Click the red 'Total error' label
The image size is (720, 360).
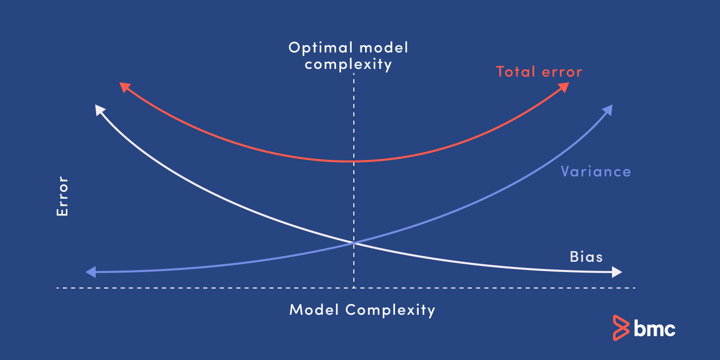pos(539,71)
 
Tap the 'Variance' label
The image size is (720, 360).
pos(596,171)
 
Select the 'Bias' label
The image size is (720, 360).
pos(586,257)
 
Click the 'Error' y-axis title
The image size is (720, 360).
pos(62,196)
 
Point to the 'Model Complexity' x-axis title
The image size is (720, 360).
pos(362,310)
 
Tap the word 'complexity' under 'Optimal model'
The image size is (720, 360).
pos(349,64)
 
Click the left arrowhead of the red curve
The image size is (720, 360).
pos(124,87)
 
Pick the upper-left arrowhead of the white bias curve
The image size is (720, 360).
pos(99,110)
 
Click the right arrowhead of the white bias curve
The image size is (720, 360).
pos(617,272)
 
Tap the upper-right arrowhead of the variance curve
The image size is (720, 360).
pos(608,110)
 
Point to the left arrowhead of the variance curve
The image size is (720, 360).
pos(91,272)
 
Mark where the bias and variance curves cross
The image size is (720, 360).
pos(354,243)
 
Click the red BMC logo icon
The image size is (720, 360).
pos(621,328)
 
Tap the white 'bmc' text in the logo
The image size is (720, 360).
pos(654,329)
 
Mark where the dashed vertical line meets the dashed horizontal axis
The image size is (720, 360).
pos(354,288)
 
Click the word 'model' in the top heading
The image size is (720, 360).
pos(384,47)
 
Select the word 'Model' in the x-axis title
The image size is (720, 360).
pos(314,310)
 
